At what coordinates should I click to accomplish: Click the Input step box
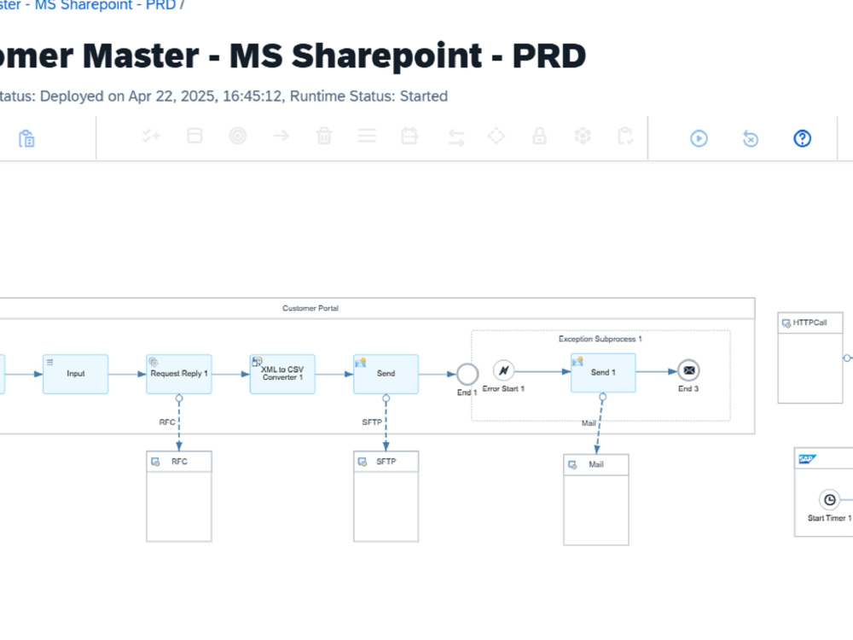pyautogui.click(x=76, y=374)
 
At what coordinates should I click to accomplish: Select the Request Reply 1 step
pyautogui.click(x=179, y=374)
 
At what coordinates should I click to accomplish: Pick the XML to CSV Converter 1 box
pyautogui.click(x=282, y=374)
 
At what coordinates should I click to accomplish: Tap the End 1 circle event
pyautogui.click(x=467, y=374)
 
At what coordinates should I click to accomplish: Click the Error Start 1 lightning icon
pyautogui.click(x=504, y=370)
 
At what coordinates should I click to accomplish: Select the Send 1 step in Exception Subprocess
pyautogui.click(x=603, y=373)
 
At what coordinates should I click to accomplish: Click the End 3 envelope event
pyautogui.click(x=688, y=370)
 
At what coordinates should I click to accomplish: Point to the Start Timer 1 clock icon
pyautogui.click(x=830, y=499)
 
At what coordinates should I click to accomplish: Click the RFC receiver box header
pyautogui.click(x=179, y=462)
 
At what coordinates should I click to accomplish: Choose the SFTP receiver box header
pyautogui.click(x=386, y=462)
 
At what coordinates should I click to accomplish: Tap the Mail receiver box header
pyautogui.click(x=596, y=465)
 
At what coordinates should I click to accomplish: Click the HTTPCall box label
pyautogui.click(x=809, y=323)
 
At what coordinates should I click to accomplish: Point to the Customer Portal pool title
pyautogui.click(x=310, y=308)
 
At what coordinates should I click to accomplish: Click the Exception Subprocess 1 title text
pyautogui.click(x=600, y=339)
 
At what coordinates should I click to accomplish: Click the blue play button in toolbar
pyautogui.click(x=699, y=138)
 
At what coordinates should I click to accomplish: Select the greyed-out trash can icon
pyautogui.click(x=324, y=136)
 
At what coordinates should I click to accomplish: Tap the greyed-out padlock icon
pyautogui.click(x=539, y=136)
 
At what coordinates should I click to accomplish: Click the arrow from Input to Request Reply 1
pyautogui.click(x=127, y=374)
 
